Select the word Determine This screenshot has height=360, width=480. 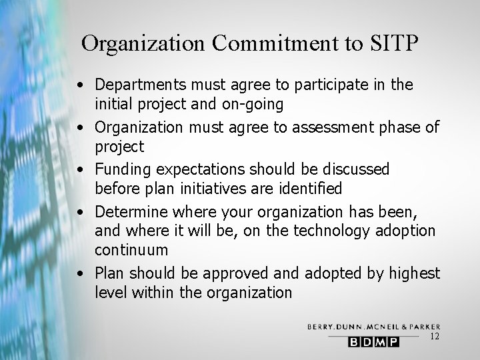pyautogui.click(x=131, y=212)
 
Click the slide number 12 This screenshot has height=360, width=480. pyautogui.click(x=435, y=337)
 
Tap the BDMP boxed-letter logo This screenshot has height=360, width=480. pyautogui.click(x=374, y=342)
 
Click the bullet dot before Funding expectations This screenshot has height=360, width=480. pyautogui.click(x=79, y=169)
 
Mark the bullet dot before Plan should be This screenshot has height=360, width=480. pyautogui.click(x=79, y=273)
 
